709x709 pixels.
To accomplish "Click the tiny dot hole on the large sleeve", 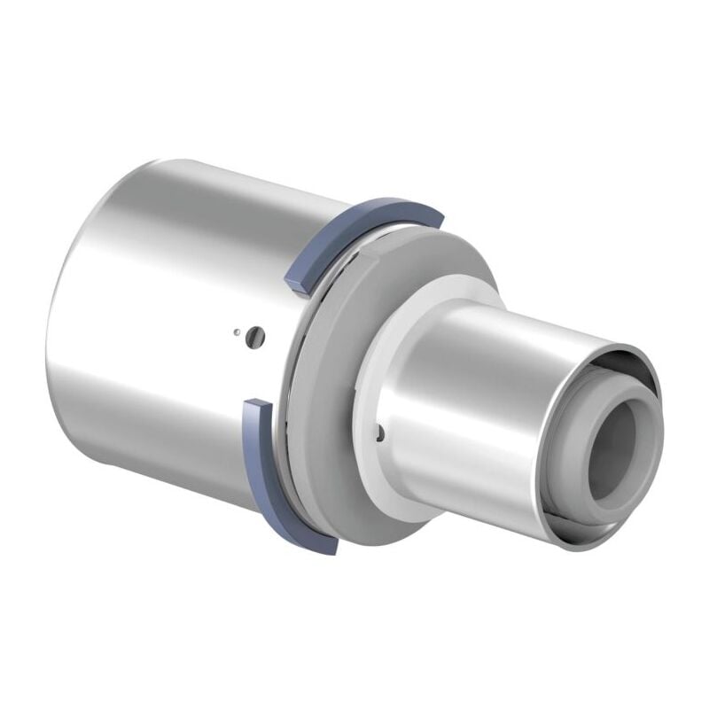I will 237,333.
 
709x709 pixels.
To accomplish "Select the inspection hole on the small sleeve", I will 378,432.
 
